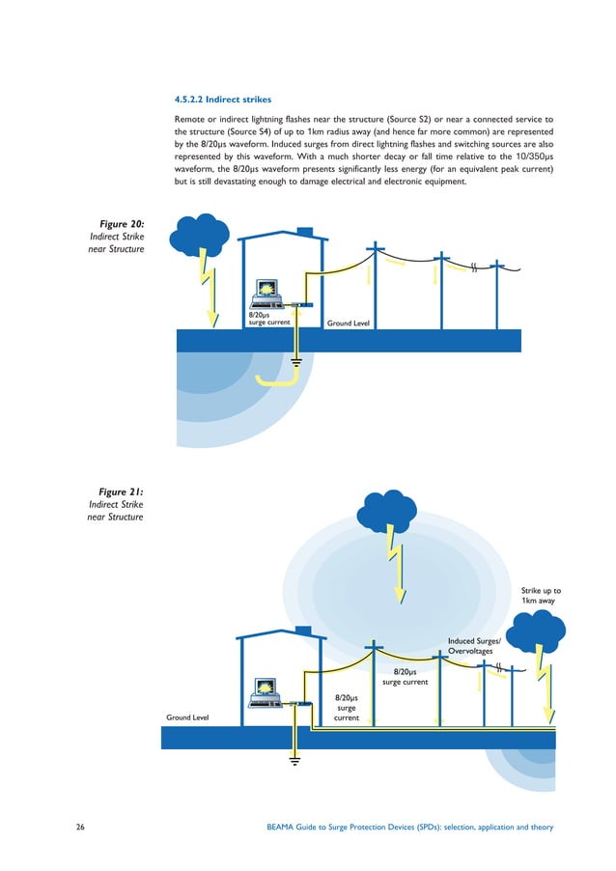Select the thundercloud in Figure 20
coord(199,235)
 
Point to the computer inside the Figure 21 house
coord(265,688)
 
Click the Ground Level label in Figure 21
coord(189,717)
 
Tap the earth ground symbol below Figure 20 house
coord(297,363)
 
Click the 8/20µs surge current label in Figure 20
coord(269,319)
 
